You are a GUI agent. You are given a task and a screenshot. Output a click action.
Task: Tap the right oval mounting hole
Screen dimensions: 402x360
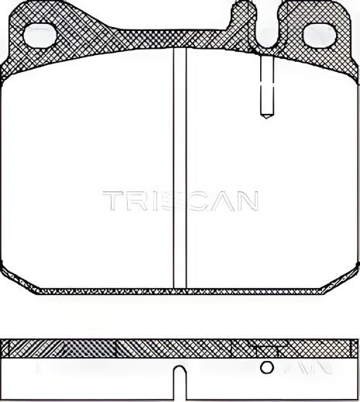click(320, 34)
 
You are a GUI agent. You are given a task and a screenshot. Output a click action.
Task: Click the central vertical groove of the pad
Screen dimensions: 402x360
click(180, 170)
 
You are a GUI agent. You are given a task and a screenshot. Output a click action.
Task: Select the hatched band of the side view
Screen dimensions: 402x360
click(93, 347)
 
